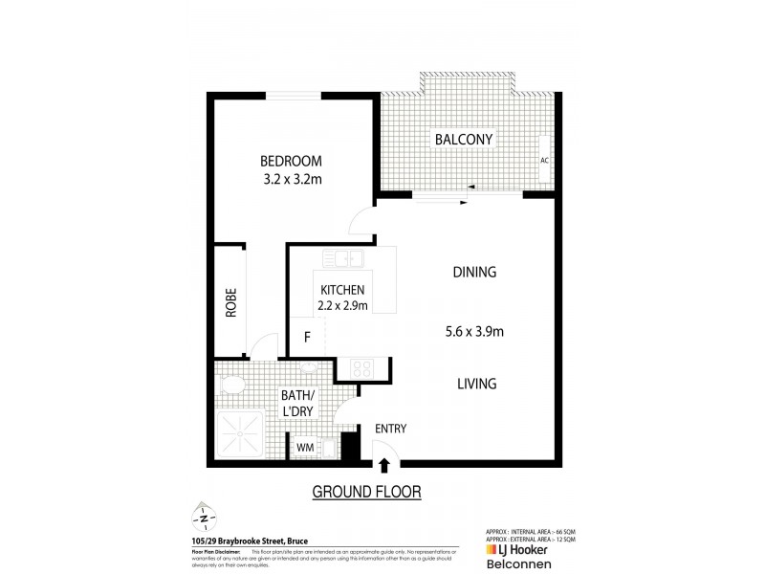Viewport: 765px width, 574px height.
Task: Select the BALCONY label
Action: coord(464,140)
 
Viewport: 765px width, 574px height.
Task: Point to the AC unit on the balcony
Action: coord(544,160)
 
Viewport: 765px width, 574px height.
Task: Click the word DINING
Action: coord(474,272)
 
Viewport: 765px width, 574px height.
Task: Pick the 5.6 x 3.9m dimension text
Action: coord(474,332)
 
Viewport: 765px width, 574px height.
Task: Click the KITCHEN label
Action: coord(342,290)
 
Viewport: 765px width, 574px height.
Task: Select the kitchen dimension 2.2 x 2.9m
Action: coord(342,306)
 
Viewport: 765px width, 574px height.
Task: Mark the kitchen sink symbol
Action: coord(340,256)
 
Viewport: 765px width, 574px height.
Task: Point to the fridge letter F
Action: coord(307,337)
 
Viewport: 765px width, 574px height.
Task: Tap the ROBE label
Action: coord(230,303)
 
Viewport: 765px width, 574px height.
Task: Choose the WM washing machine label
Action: coord(305,447)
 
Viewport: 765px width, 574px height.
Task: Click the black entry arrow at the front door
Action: coord(385,466)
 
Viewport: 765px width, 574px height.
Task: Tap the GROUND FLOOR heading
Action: coord(367,492)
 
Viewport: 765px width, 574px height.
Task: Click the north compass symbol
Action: coord(203,518)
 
